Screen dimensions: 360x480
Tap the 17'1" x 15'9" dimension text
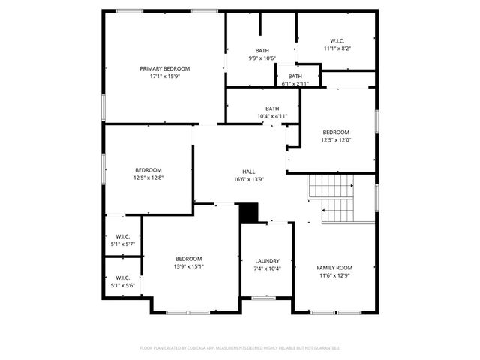pos(165,76)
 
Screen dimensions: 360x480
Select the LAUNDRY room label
pos(267,260)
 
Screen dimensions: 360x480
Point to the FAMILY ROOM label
pos(334,268)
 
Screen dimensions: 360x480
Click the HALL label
pos(248,172)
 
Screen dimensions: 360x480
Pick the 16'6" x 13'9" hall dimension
pos(248,179)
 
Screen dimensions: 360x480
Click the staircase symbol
pos(331,197)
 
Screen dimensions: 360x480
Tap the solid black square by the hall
pos(248,213)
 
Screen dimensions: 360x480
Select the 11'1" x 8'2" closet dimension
pos(337,48)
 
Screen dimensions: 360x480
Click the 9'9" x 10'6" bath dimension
pos(262,58)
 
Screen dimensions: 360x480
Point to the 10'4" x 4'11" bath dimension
pos(272,116)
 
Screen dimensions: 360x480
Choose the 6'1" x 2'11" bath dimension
pos(295,83)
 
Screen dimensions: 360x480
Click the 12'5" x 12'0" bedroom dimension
pos(336,139)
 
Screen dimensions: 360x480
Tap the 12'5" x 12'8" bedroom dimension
pos(148,178)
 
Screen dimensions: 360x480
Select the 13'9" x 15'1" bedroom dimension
pos(189,266)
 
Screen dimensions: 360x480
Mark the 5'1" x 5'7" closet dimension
pos(122,244)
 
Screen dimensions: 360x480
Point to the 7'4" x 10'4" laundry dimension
pos(267,268)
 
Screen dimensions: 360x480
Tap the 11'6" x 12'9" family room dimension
pos(334,275)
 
